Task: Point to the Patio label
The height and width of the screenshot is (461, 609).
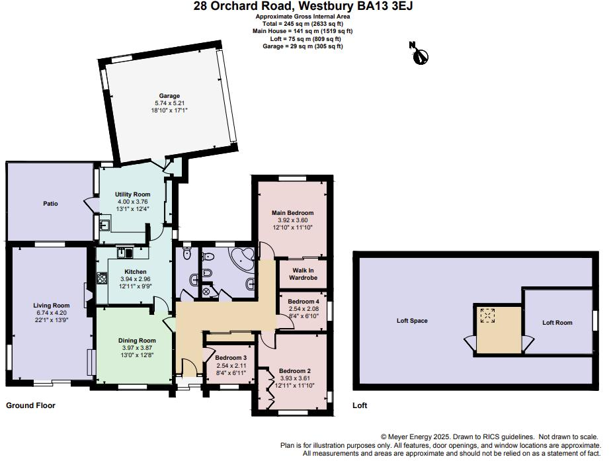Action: pos(51,203)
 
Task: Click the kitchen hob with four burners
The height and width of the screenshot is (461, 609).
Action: pos(102,278)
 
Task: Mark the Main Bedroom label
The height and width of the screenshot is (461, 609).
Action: pos(292,212)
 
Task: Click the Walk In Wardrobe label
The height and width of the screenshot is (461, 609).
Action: pos(302,274)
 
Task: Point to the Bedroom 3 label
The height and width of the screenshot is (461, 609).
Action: pos(231,358)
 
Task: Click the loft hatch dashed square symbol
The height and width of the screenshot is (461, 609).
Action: pos(489,315)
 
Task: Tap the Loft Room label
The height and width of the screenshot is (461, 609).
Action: pos(556,323)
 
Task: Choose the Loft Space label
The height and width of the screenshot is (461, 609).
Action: pos(412,321)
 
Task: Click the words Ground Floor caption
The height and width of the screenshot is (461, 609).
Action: pos(30,405)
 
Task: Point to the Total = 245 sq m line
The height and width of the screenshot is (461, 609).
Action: pos(304,23)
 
